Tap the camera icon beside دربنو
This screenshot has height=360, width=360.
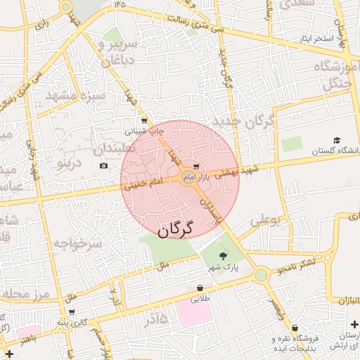(104, 166)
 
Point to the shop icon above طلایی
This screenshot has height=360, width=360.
(200, 288)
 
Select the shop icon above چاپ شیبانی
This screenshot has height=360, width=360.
(144, 121)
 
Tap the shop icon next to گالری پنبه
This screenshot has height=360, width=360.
(71, 311)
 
